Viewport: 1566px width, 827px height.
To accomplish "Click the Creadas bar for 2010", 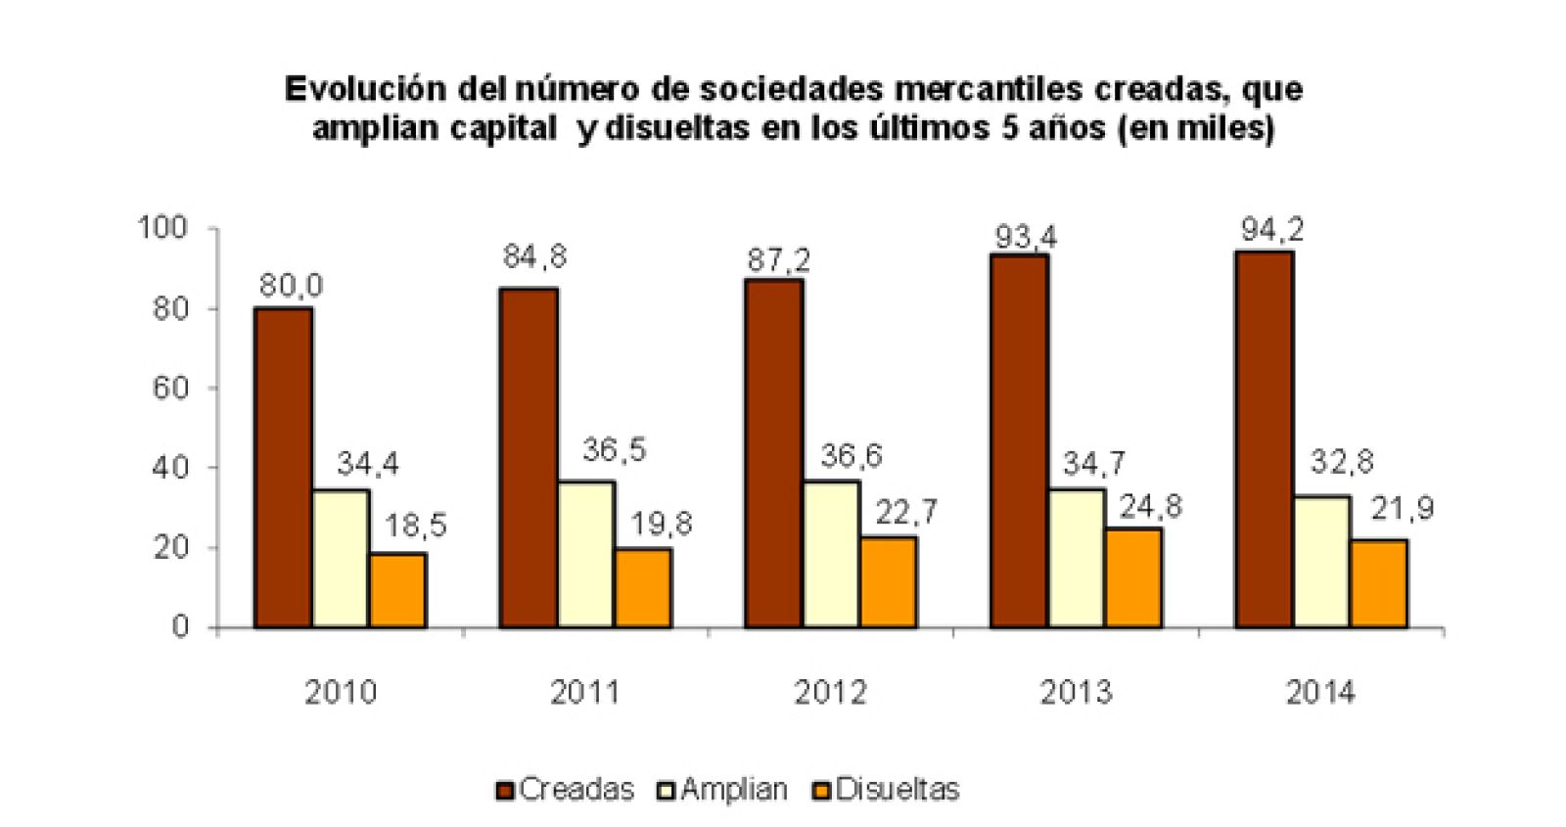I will click(x=283, y=468).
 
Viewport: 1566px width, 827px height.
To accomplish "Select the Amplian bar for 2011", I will click(x=585, y=554).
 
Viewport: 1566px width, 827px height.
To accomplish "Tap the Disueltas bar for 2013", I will click(x=1133, y=577).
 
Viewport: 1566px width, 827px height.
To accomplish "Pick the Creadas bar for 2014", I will click(x=1264, y=439).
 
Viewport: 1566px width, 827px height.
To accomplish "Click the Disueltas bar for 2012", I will click(x=889, y=581).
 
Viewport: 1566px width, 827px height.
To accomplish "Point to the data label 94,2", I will click(x=1272, y=230).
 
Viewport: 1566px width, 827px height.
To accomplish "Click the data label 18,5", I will click(x=415, y=526).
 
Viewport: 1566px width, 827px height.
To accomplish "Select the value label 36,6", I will click(x=851, y=455).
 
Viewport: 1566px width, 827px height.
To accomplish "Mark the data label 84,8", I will click(x=534, y=256).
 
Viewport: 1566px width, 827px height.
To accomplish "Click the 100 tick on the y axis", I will click(x=162, y=228).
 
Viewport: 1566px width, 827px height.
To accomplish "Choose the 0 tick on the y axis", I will click(x=179, y=626).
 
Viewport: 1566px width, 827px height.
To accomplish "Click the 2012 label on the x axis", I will click(x=830, y=692).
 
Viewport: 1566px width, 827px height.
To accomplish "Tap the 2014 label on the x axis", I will click(x=1320, y=692).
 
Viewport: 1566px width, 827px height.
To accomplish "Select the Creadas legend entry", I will click(x=566, y=789).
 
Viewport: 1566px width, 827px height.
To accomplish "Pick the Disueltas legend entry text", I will click(x=898, y=789).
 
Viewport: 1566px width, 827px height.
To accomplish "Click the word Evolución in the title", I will click(x=365, y=89).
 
